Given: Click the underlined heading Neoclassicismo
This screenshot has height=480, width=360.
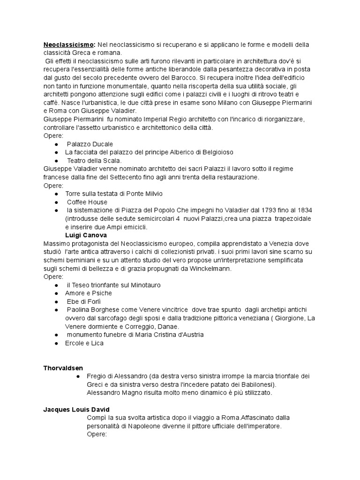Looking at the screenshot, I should pyautogui.click(x=69, y=45).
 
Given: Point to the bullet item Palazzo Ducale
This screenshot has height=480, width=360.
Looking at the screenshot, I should pyautogui.click(x=90, y=144).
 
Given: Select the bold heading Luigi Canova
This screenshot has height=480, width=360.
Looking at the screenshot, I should pyautogui.click(x=86, y=235).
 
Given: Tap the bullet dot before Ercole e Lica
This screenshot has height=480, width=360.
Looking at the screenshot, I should pyautogui.click(x=57, y=343).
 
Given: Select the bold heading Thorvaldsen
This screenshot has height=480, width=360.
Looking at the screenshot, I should pyautogui.click(x=63, y=368).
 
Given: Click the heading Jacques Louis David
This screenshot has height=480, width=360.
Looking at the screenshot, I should pyautogui.click(x=76, y=409).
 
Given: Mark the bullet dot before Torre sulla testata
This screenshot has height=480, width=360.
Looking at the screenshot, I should pyautogui.click(x=57, y=194).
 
